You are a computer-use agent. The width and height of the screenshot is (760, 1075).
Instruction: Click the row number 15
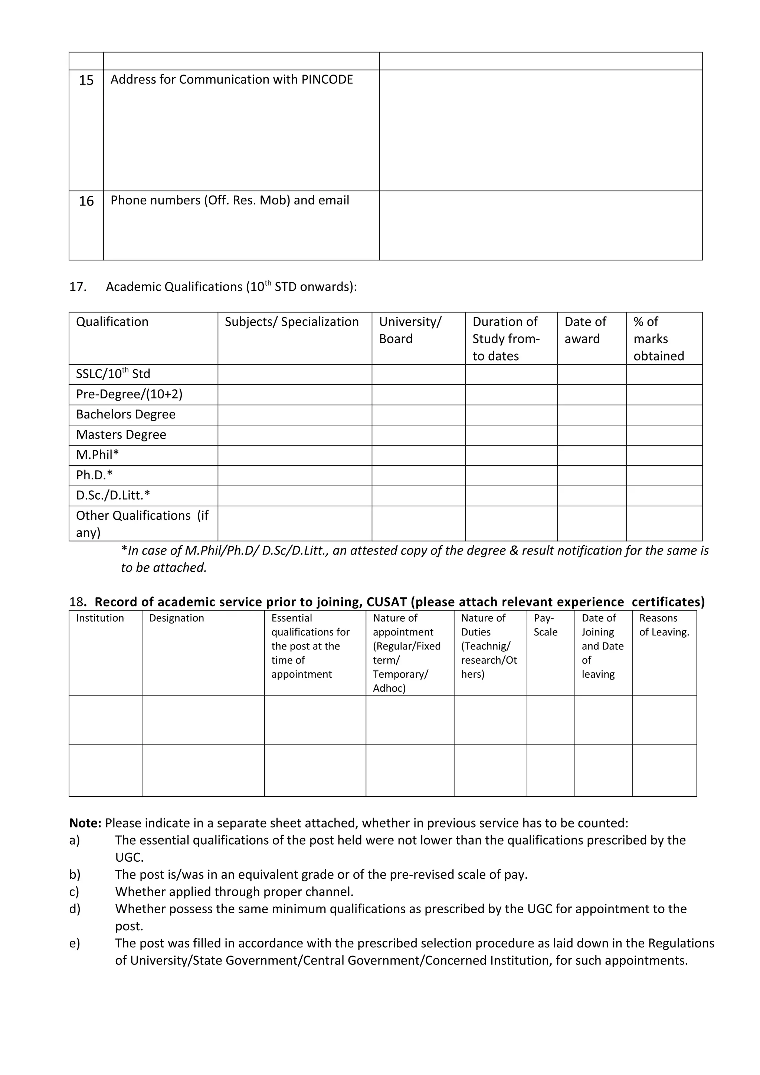click(x=86, y=80)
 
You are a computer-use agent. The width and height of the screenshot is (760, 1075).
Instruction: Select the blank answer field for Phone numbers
click(x=540, y=225)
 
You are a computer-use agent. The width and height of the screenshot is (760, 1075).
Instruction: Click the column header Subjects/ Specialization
click(x=291, y=322)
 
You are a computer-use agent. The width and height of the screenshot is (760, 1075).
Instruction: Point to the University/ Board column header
click(x=410, y=330)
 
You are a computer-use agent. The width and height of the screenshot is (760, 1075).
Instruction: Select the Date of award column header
click(x=585, y=330)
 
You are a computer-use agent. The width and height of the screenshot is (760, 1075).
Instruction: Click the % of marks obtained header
click(x=658, y=339)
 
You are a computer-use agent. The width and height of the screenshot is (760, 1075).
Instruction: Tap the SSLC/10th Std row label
click(x=113, y=374)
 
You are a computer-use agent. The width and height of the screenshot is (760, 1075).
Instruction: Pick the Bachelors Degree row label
click(x=125, y=414)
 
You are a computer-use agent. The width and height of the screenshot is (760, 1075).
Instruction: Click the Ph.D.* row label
click(x=94, y=475)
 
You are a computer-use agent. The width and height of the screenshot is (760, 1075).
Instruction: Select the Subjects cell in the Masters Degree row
click(x=295, y=435)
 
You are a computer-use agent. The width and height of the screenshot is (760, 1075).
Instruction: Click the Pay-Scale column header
click(x=546, y=625)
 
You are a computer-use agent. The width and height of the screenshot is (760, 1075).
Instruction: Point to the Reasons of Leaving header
click(x=664, y=625)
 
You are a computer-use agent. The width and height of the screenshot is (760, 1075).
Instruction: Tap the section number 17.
click(x=78, y=287)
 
